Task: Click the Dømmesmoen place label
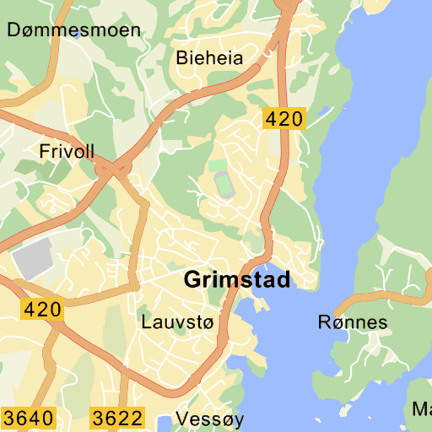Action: point(73,30)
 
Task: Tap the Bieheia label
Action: point(209,58)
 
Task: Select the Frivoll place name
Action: point(67,151)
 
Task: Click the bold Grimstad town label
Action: point(236,279)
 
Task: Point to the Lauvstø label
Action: point(178,321)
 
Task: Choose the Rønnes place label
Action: point(353,321)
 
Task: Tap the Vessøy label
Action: point(209,419)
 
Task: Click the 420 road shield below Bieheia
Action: point(283,119)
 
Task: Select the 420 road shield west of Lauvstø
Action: point(42,310)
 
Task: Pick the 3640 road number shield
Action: point(28,418)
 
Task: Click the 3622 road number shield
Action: point(117,418)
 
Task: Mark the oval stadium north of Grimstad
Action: point(224,184)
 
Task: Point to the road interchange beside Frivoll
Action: point(111,170)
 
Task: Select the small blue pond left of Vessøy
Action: point(163,421)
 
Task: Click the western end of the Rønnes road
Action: point(336,312)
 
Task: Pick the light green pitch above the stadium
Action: point(218,165)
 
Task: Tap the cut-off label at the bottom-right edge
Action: point(422,410)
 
